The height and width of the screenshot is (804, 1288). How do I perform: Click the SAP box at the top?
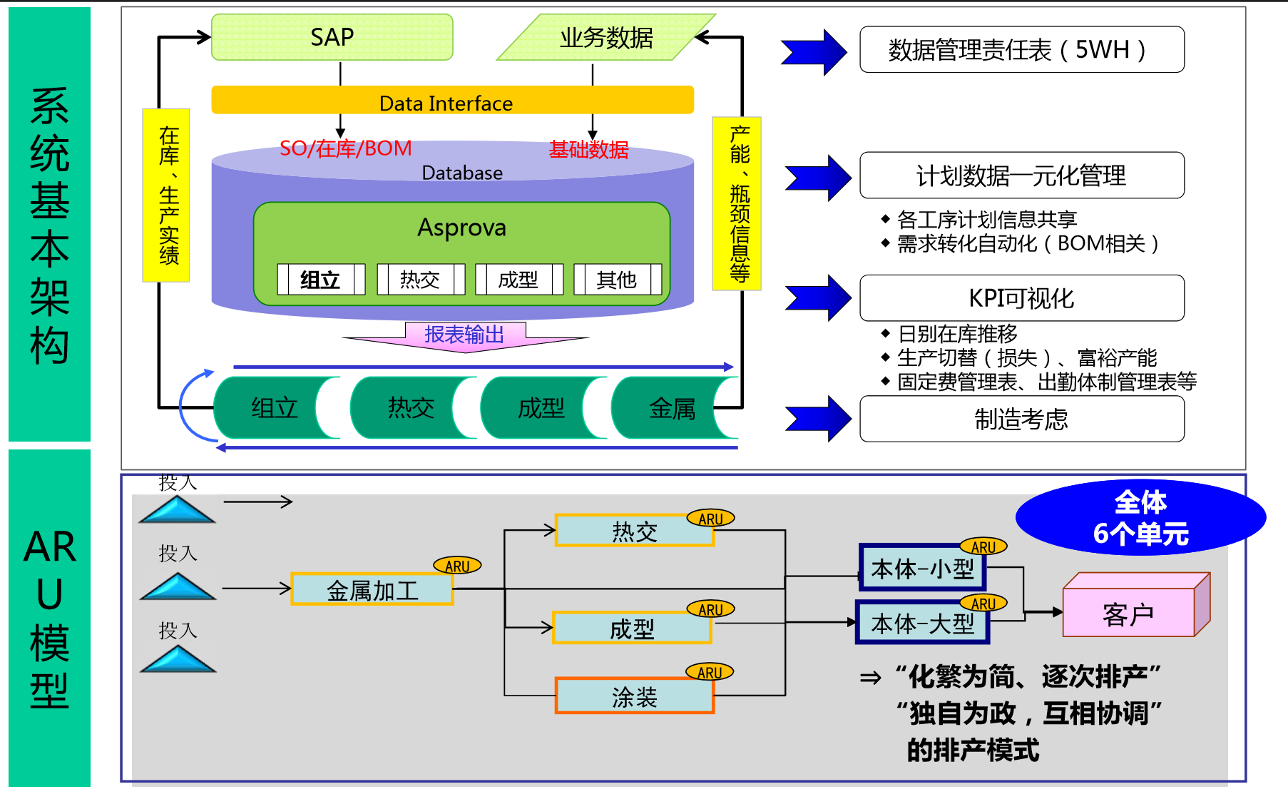(332, 37)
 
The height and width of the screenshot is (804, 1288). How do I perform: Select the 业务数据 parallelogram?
(606, 38)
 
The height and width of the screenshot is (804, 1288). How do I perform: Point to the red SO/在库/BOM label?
(346, 148)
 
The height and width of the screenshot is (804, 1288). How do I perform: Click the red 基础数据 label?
(588, 150)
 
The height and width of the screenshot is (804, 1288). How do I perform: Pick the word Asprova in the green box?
(461, 228)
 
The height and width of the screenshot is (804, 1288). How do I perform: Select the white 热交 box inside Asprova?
(420, 280)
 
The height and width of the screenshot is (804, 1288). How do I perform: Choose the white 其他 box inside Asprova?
(617, 280)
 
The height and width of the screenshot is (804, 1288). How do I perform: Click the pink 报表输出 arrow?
(465, 335)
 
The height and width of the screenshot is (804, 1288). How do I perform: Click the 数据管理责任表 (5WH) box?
(1021, 50)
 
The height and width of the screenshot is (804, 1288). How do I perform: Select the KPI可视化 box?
(1021, 298)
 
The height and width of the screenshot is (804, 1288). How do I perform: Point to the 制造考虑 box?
(1021, 419)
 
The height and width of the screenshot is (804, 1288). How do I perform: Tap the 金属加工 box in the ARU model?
(372, 590)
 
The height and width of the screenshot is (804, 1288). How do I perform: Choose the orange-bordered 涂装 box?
(634, 696)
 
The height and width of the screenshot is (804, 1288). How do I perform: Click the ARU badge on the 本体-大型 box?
(983, 604)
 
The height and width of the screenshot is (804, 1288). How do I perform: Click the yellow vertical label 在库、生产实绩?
(166, 195)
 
